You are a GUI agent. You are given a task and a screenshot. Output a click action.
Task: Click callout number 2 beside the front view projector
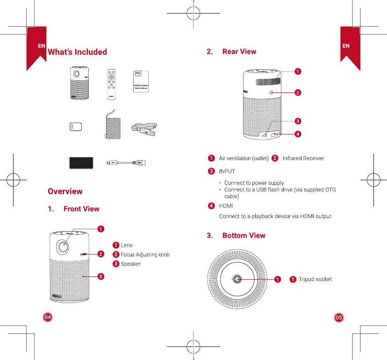(x=100, y=254)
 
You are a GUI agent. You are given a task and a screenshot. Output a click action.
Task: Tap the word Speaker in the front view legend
(x=130, y=264)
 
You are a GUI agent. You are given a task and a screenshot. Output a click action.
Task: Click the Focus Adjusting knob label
(x=145, y=254)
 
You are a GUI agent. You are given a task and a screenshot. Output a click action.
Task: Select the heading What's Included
(x=77, y=52)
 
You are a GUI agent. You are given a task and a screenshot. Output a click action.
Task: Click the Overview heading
(x=65, y=191)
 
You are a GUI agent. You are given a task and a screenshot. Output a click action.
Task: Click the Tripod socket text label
(x=315, y=279)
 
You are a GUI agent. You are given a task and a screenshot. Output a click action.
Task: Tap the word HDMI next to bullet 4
(x=226, y=206)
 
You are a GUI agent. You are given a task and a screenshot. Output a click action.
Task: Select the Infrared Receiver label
(x=303, y=158)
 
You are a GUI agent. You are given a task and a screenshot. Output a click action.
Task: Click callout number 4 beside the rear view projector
(x=297, y=134)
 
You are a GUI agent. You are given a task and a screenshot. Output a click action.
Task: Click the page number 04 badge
(x=48, y=317)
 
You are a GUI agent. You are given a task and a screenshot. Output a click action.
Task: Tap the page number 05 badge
(x=339, y=317)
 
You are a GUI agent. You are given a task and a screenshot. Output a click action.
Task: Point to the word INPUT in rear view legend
(x=227, y=171)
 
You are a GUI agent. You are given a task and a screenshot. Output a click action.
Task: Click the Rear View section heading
(x=239, y=51)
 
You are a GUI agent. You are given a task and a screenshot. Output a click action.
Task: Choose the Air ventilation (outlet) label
(x=244, y=158)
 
